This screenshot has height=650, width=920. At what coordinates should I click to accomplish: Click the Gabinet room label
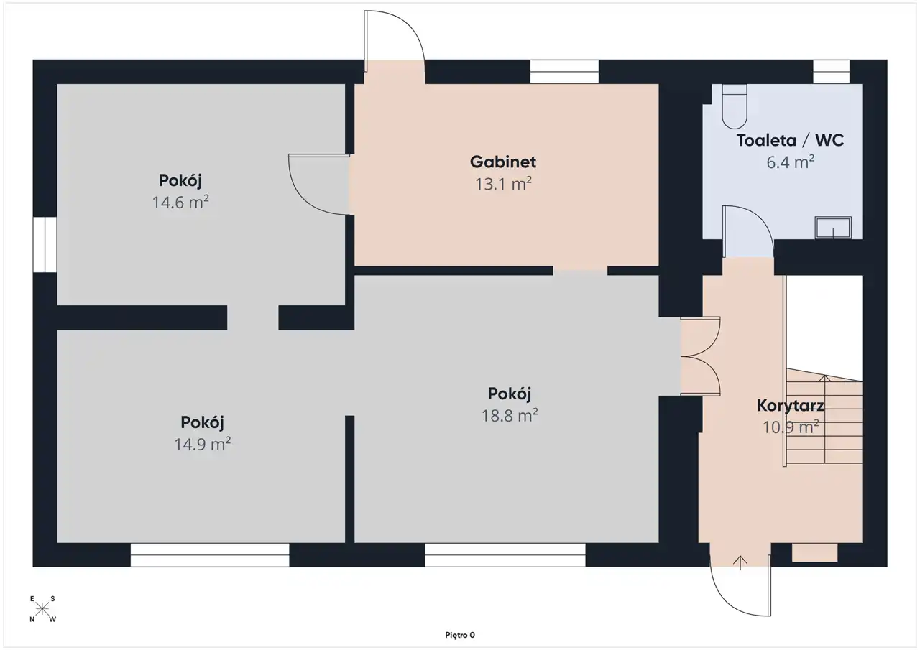point(502,162)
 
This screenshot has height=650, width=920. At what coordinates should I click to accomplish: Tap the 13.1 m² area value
point(503,183)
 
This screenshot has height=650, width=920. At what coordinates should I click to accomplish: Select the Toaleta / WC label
point(790,140)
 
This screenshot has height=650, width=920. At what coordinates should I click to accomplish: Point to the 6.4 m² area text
point(790,162)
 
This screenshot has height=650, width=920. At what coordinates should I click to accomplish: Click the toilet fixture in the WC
point(735,107)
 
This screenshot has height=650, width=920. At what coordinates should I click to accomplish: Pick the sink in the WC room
point(833,228)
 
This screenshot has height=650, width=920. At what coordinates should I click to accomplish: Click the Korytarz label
point(790,405)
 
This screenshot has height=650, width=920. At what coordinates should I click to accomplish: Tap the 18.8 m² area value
point(510,415)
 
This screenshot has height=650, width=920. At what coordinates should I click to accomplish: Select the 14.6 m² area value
point(180,202)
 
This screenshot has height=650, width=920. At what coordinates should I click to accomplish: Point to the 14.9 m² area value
point(202,444)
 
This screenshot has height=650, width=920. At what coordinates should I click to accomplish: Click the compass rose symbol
point(42,608)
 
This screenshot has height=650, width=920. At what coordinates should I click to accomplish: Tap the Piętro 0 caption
point(459,635)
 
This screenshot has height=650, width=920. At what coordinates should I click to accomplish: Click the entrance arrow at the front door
point(740,562)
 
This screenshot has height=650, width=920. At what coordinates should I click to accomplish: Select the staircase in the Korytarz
point(824,419)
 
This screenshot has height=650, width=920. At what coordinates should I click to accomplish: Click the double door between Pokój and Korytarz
point(701,356)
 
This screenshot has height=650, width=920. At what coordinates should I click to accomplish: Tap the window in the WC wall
point(832,72)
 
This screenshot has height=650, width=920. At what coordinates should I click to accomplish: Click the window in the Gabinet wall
point(564,72)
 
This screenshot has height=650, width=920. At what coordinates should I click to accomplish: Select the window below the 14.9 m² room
point(210,554)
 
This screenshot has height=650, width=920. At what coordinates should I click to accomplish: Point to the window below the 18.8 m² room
point(505,554)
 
